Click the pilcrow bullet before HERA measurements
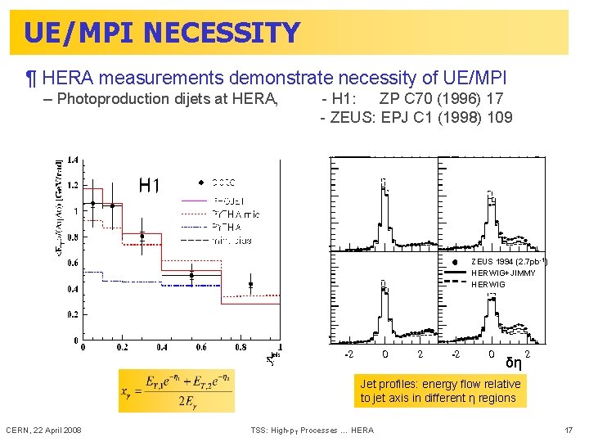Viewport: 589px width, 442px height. point(30,79)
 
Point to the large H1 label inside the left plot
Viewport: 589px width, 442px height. point(150,186)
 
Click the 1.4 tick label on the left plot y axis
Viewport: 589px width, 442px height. point(73,160)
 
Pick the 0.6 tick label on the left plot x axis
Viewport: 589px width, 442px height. point(201,347)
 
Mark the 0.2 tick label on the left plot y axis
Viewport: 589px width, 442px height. point(73,314)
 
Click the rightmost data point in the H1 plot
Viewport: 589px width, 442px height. point(251,285)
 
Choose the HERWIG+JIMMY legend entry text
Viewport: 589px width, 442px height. point(503,273)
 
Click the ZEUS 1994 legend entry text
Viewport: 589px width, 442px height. point(508,261)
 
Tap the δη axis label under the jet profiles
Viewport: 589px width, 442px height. point(514,363)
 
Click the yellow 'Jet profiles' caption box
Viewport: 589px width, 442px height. point(440,390)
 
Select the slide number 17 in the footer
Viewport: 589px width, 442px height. point(569,431)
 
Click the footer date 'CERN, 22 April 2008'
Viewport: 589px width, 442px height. point(43,431)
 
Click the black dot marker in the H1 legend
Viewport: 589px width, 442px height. point(200,182)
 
